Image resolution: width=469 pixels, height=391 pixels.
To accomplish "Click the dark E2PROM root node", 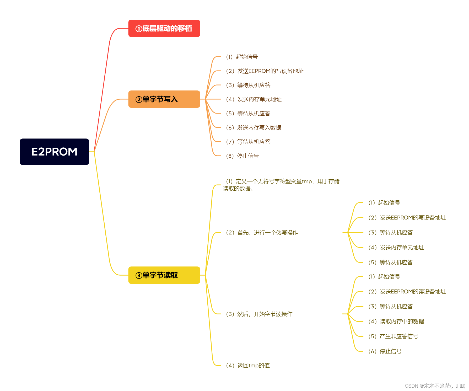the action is tap(54, 152).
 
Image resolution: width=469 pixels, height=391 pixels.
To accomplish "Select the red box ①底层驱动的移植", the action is tap(164, 28).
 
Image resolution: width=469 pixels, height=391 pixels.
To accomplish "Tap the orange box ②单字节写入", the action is tap(164, 99).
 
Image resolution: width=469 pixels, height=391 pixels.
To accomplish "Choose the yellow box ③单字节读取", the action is tap(164, 275).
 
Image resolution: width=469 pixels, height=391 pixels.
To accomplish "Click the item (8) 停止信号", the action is tap(242, 156).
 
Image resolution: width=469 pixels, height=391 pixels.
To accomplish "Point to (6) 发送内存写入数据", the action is tap(254, 128).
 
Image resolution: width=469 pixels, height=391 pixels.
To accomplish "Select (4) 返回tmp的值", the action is tap(248, 366).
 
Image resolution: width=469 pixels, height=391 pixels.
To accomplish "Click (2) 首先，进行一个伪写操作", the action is tap(262, 233).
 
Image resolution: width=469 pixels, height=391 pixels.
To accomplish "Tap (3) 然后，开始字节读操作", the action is tap(259, 314).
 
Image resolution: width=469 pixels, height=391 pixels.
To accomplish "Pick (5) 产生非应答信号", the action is tap(393, 336).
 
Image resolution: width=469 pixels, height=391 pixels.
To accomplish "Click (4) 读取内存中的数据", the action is tap(396, 322).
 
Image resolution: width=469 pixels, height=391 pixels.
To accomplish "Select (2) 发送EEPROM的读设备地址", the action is tap(407, 292).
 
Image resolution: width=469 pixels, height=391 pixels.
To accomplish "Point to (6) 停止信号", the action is tap(385, 351).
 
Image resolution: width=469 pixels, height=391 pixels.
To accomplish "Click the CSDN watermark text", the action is tap(435, 386).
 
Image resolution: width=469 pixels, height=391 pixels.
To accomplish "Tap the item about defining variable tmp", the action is tap(281, 185).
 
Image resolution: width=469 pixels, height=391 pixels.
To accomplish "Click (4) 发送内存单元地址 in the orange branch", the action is tap(254, 99).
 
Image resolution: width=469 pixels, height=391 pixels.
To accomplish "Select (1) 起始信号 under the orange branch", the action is tap(242, 57).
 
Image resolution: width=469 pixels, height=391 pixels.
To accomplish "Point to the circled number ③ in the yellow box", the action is tap(139, 275).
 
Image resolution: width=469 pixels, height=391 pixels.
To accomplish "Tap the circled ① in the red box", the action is tap(139, 29).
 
